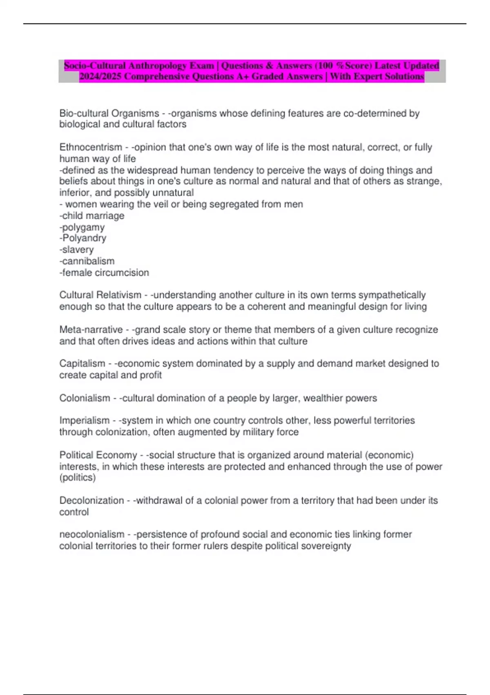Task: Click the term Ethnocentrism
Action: tap(91, 147)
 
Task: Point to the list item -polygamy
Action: tap(82, 227)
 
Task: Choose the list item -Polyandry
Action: tap(83, 238)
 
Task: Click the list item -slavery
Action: tap(77, 249)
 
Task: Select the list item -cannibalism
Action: tap(87, 261)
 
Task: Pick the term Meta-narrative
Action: tap(91, 330)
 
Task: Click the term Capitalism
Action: tap(82, 363)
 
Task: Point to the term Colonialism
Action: tap(85, 398)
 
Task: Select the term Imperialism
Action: tap(84, 420)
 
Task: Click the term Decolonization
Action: tap(91, 500)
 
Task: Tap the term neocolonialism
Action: tap(92, 534)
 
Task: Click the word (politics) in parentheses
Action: tap(78, 478)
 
